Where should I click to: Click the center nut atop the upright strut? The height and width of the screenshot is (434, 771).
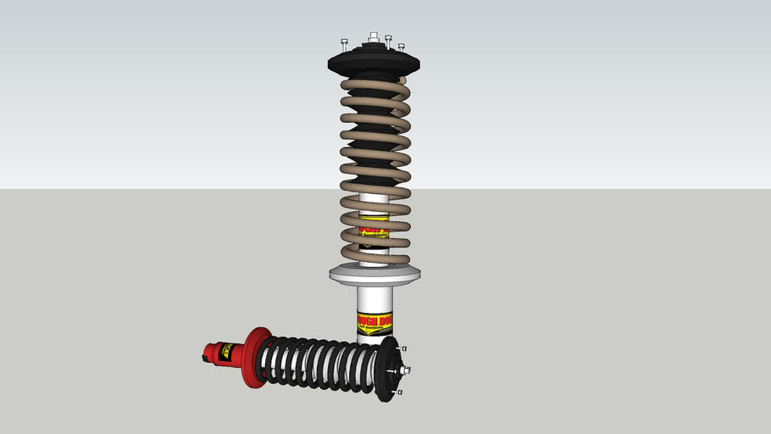point(374,38)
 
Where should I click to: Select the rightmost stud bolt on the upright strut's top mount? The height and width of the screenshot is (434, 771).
point(402,47)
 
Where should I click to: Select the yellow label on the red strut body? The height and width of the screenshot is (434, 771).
point(226,350)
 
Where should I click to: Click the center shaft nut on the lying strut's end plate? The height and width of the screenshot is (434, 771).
point(406,370)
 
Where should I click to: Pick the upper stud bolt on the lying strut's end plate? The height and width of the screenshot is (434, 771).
point(404,348)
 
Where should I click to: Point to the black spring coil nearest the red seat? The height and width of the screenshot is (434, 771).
point(269,361)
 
